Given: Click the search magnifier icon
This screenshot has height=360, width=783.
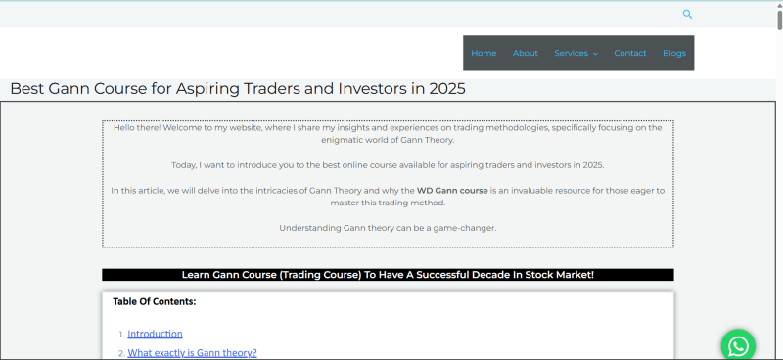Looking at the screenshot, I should [x=687, y=14].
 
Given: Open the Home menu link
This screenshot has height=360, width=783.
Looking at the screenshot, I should [x=484, y=53].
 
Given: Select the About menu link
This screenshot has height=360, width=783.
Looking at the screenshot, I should [x=526, y=53].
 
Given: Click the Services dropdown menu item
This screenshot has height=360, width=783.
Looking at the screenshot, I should [x=571, y=53].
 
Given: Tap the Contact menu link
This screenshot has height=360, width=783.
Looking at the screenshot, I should [x=630, y=53].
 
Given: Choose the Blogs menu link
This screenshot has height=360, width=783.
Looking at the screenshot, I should [x=674, y=53].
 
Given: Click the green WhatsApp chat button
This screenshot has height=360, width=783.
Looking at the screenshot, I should [x=738, y=345].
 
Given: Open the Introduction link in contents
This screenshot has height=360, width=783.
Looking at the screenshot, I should [x=155, y=334].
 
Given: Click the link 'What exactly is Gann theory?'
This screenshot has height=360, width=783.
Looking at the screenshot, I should [x=192, y=353].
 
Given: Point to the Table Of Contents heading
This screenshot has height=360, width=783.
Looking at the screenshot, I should [x=154, y=301].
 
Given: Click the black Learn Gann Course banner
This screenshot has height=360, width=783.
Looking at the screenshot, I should [x=388, y=275].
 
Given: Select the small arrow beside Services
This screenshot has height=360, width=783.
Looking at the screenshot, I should [x=595, y=54].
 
